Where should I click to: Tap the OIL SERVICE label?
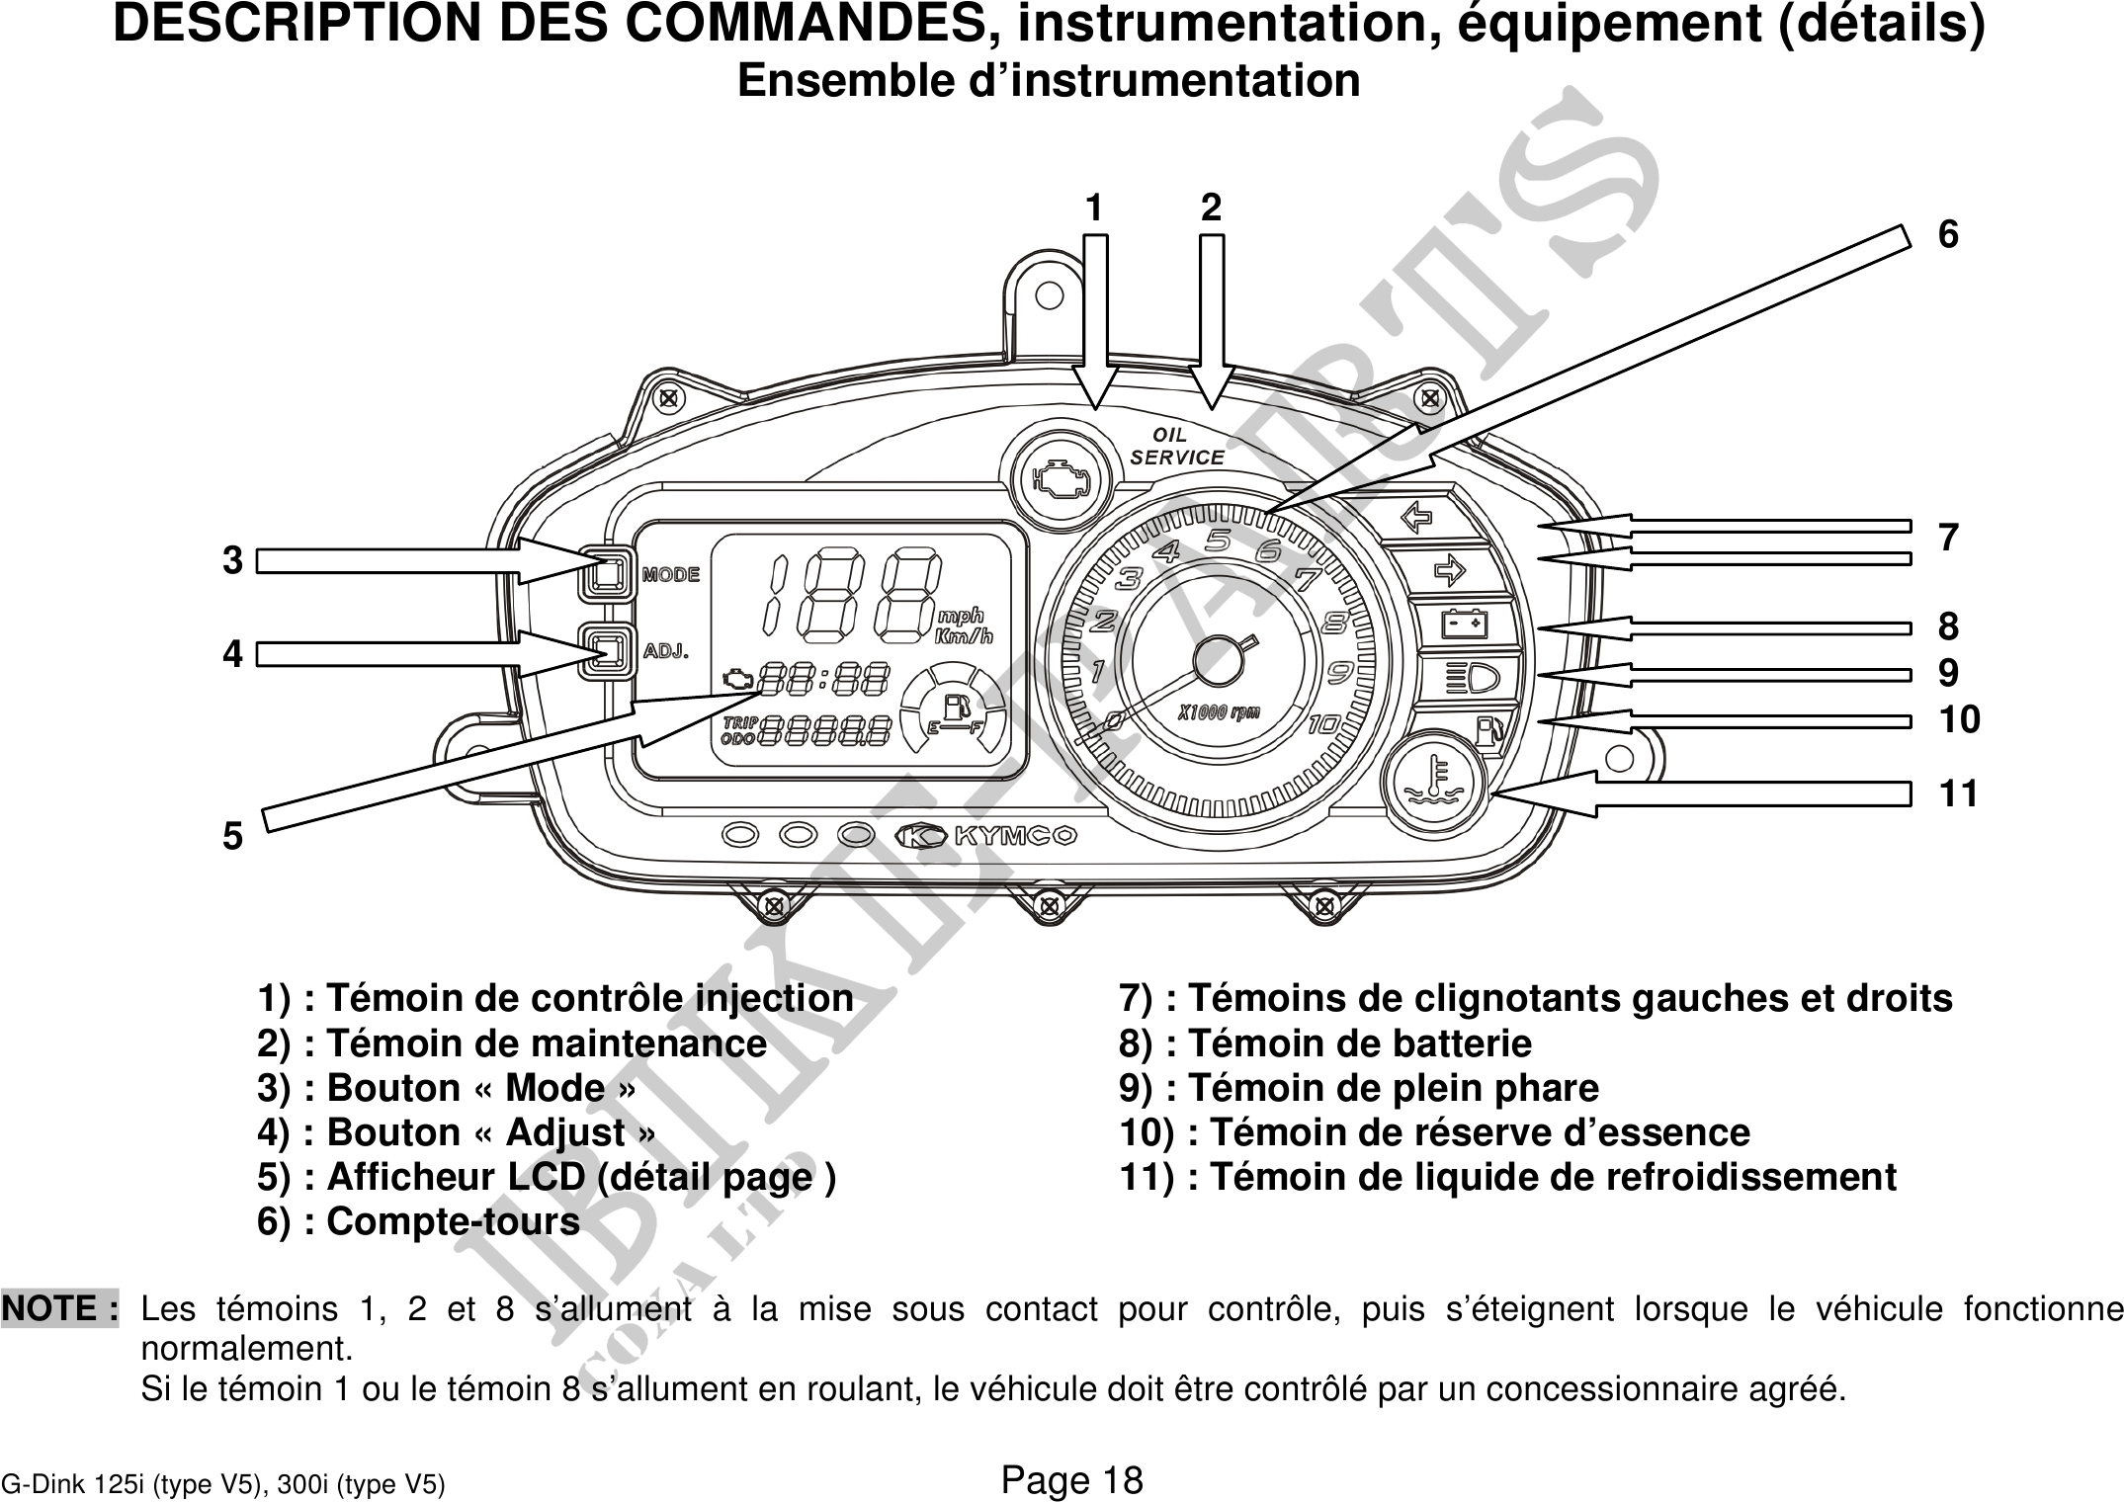[1176, 447]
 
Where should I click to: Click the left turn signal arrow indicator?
[1417, 517]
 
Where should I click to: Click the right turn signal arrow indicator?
[1448, 570]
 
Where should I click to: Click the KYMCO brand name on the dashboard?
[1014, 836]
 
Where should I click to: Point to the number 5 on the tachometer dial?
[1218, 541]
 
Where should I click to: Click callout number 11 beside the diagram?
[1958, 793]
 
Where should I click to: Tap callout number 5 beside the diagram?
[232, 837]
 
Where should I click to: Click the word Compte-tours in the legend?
[453, 1222]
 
